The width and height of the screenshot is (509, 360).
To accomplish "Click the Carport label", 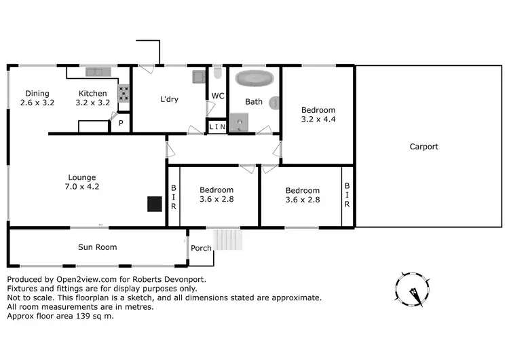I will tap(423, 147).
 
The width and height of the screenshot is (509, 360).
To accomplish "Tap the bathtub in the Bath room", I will tap(252, 78).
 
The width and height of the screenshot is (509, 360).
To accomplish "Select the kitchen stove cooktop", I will tap(124, 92).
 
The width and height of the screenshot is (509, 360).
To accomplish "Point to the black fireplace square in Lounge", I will tap(155, 204).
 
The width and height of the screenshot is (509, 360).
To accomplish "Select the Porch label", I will tap(201, 248).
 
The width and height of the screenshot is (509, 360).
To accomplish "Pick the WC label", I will tap(218, 96).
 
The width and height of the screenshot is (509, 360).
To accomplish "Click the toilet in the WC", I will tap(217, 73).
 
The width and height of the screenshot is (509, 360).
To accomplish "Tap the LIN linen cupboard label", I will tap(217, 127).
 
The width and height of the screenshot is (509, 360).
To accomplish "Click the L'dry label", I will tap(169, 99).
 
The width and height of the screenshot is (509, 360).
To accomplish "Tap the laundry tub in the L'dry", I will tap(197, 76).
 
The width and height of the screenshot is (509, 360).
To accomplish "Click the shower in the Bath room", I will tap(238, 122).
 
